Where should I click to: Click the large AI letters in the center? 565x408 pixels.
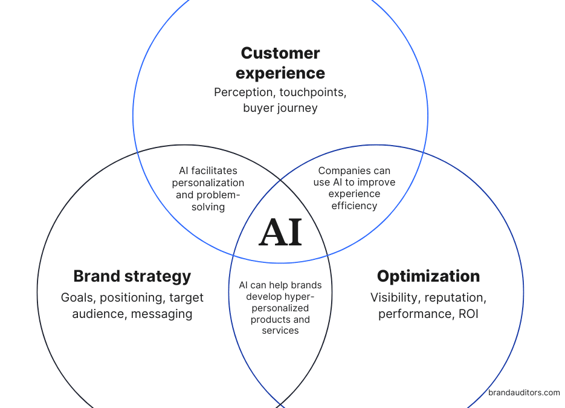pyautogui.click(x=280, y=232)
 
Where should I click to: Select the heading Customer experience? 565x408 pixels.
pyautogui.click(x=280, y=63)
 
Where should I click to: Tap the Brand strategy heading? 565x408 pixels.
pyautogui.click(x=132, y=276)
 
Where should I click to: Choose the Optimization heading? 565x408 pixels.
pyautogui.click(x=428, y=276)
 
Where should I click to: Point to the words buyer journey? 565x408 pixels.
pyautogui.click(x=280, y=108)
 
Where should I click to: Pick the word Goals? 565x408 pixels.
pyautogui.click(x=78, y=297)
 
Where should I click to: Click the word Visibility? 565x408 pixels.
pyautogui.click(x=395, y=297)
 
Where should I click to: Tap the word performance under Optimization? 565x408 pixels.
pyautogui.click(x=413, y=314)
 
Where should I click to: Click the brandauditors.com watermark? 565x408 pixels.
pyautogui.click(x=524, y=392)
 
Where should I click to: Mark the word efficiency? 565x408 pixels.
pyautogui.click(x=354, y=206)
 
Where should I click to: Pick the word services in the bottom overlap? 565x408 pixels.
pyautogui.click(x=280, y=331)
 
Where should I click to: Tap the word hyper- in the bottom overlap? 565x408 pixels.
pyautogui.click(x=300, y=296)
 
